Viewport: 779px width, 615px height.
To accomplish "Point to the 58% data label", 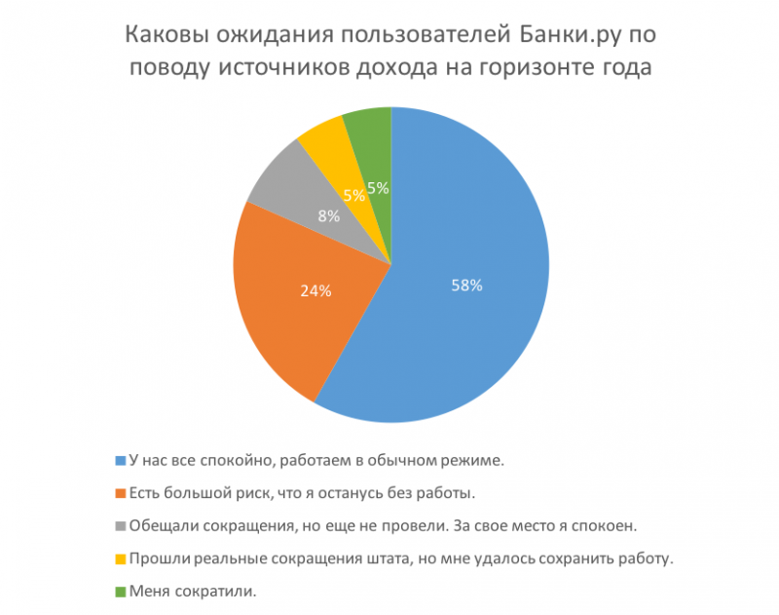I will pyautogui.click(x=466, y=285).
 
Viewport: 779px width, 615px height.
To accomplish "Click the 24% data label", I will pyautogui.click(x=315, y=289).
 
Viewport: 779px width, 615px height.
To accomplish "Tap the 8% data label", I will pyautogui.click(x=328, y=216).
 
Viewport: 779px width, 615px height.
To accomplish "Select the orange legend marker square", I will pyautogui.click(x=121, y=493).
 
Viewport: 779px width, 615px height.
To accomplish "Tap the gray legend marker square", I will pyautogui.click(x=121, y=526).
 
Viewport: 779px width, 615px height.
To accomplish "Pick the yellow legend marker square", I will pyautogui.click(x=121, y=558).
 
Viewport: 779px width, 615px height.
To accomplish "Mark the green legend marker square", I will pyautogui.click(x=121, y=592).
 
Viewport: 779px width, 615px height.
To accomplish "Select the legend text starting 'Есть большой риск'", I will pyautogui.click(x=302, y=493).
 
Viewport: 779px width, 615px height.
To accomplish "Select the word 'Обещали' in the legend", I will pyautogui.click(x=161, y=526).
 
